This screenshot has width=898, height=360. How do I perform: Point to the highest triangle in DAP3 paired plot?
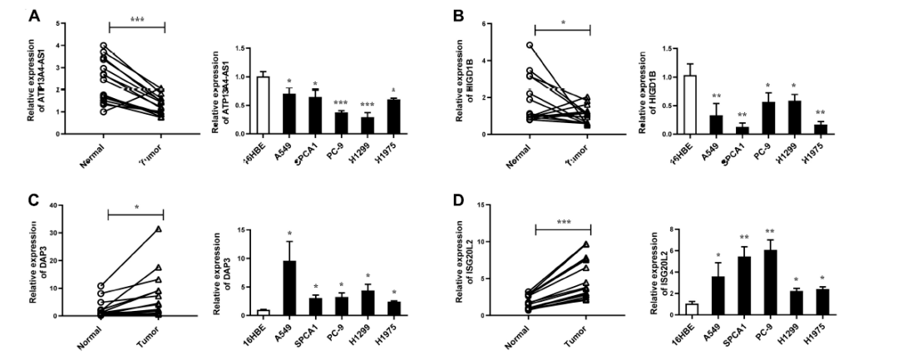pos(157,229)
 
